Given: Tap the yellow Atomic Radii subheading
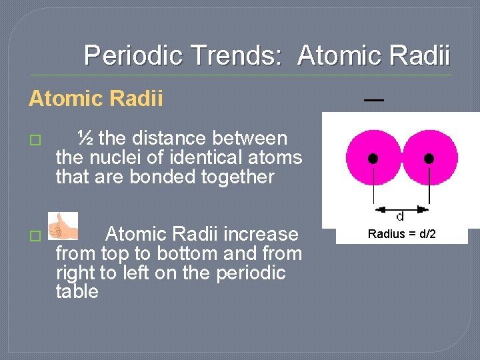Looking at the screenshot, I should pyautogui.click(x=95, y=99).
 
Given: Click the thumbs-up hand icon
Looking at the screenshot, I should pyautogui.click(x=63, y=227).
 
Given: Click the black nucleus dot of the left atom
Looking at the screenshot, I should pyautogui.click(x=373, y=159).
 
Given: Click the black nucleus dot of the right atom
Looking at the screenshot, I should pyautogui.click(x=429, y=159).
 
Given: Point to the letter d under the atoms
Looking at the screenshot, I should pyautogui.click(x=400, y=217).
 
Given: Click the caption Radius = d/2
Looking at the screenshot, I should pyautogui.click(x=401, y=234).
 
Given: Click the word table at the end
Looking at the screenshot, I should pyautogui.click(x=77, y=291).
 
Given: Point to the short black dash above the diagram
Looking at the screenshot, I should pyautogui.click(x=373, y=99).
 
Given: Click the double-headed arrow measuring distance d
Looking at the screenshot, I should pyautogui.click(x=401, y=207).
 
